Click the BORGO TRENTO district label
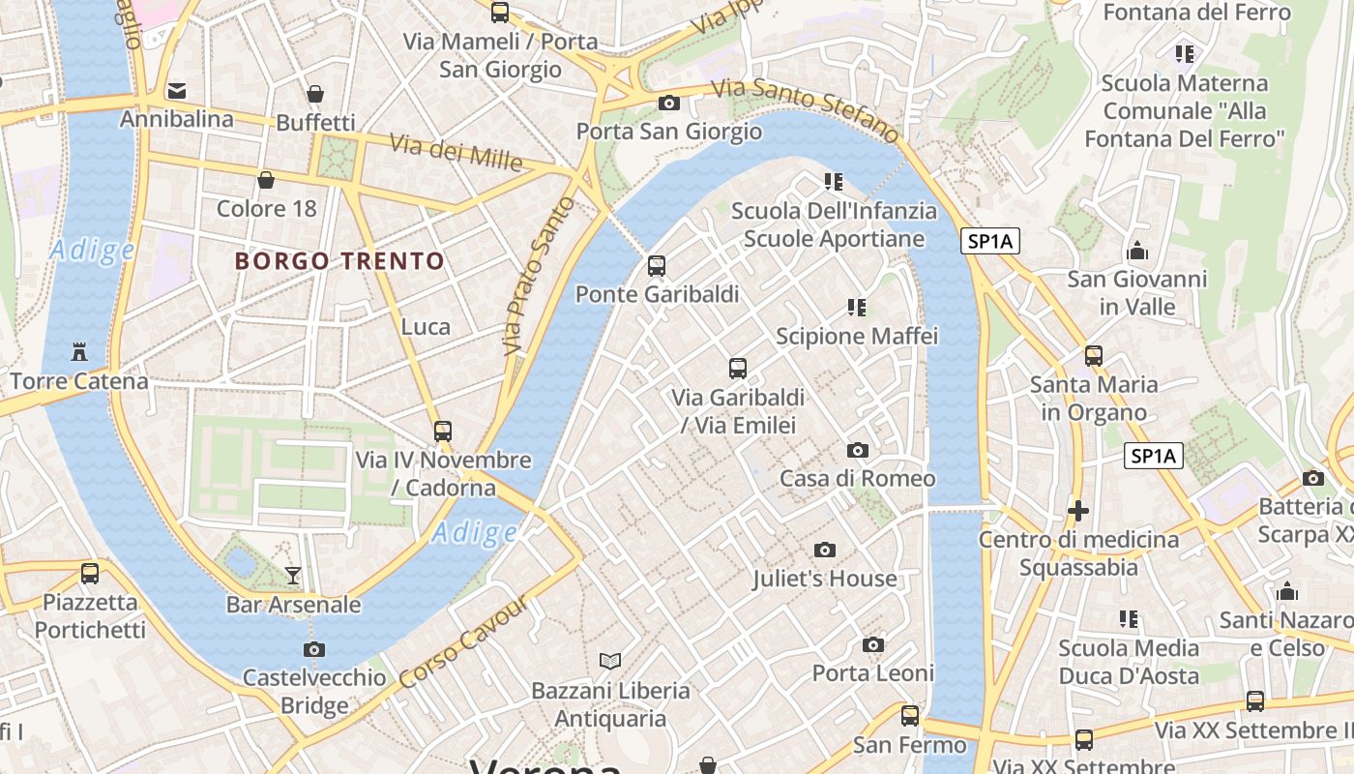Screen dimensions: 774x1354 [x=339, y=260]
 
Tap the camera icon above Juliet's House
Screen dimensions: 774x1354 [x=824, y=550]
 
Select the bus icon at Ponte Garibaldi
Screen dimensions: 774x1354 [x=657, y=265]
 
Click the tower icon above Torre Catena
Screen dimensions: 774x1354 [x=79, y=352]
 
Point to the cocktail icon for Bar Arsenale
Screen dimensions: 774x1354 [x=293, y=576]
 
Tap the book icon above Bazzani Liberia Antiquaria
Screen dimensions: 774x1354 [x=609, y=661]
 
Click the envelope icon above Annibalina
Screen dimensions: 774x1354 [x=176, y=91]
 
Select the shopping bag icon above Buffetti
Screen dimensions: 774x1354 [x=315, y=94]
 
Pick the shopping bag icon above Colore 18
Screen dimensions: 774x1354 [x=266, y=180]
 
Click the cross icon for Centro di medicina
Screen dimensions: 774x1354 [x=1078, y=510]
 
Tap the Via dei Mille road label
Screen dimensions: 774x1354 [x=456, y=152]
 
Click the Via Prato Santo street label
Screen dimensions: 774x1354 [x=538, y=275]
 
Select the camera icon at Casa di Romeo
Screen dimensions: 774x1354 [x=857, y=450]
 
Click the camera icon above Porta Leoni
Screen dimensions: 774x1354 [x=872, y=644]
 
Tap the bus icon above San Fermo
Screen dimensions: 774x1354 [x=909, y=715]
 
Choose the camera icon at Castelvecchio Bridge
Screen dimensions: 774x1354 [x=313, y=649]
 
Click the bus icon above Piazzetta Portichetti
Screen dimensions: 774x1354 [x=90, y=573]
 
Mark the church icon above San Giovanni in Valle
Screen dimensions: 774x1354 [x=1137, y=251]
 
